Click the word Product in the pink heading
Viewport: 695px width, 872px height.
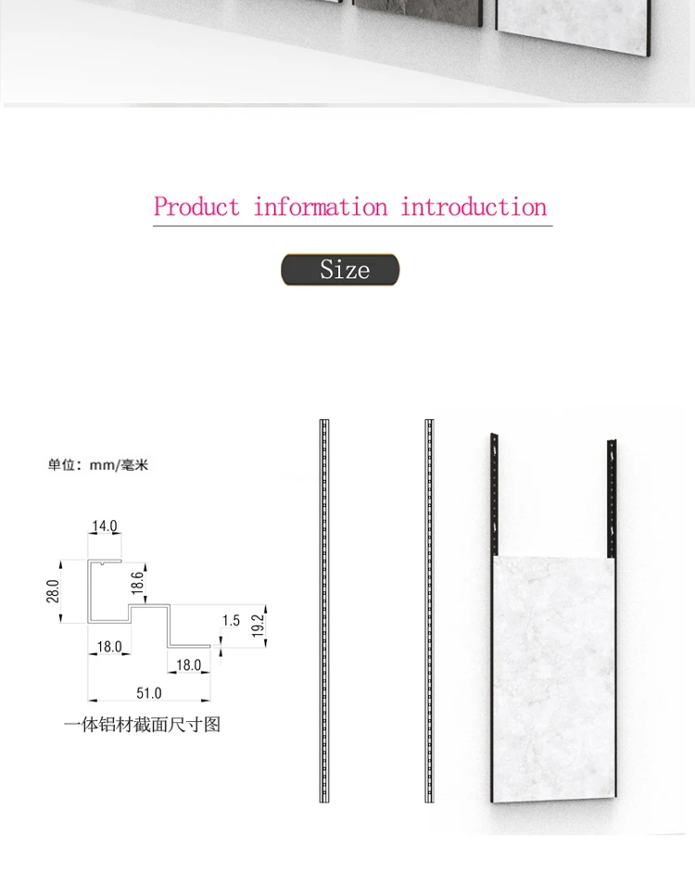196,207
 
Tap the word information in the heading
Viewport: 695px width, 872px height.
321,207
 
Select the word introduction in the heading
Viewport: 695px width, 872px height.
474,207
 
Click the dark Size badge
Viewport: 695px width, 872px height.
340,270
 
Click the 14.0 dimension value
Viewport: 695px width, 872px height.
105,525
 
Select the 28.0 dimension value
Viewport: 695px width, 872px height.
53,590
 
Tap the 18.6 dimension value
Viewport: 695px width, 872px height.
137,582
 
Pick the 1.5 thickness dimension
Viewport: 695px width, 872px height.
231,620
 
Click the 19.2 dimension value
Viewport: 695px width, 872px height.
258,626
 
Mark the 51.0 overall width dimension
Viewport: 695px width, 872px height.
149,693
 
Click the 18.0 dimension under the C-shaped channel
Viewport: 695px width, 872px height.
109,647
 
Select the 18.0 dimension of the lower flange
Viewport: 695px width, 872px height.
188,665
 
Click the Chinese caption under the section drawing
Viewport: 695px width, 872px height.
143,725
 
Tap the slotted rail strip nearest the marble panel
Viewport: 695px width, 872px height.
429,611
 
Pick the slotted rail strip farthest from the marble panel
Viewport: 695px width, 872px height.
324,611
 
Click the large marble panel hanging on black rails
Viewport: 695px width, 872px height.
553,679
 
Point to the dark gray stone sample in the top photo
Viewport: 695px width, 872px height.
417,12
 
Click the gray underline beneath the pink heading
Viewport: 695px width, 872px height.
352,226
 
